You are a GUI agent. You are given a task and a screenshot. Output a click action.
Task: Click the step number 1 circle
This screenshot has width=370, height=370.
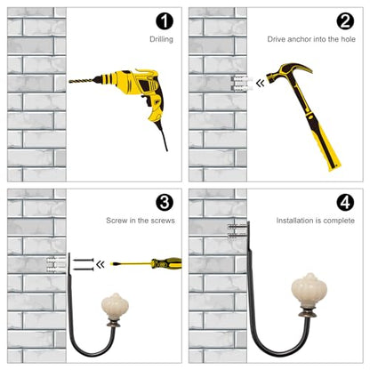(165, 20)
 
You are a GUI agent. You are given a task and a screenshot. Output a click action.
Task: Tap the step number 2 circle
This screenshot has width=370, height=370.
(345, 20)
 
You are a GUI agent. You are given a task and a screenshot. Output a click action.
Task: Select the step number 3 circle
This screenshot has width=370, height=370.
(165, 203)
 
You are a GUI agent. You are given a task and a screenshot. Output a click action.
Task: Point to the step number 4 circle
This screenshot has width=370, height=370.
(345, 203)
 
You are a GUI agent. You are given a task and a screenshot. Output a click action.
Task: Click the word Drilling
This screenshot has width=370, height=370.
(161, 39)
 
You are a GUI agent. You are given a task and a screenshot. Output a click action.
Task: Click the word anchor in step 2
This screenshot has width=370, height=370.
(300, 39)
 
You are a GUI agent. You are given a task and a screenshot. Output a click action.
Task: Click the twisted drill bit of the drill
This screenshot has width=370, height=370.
(82, 80)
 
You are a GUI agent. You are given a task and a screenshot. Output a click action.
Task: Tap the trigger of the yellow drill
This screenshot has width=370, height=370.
(145, 99)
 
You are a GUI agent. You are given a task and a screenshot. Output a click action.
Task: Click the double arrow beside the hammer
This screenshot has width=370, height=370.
(260, 84)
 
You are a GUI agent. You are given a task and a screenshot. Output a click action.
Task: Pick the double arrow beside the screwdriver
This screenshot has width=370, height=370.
(101, 264)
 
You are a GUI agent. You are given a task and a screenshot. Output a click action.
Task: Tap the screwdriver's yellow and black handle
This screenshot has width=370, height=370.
(166, 263)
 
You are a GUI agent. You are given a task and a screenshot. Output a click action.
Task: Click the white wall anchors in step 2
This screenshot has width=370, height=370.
(243, 83)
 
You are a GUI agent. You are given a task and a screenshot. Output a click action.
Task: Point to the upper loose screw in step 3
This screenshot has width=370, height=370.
(84, 260)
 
